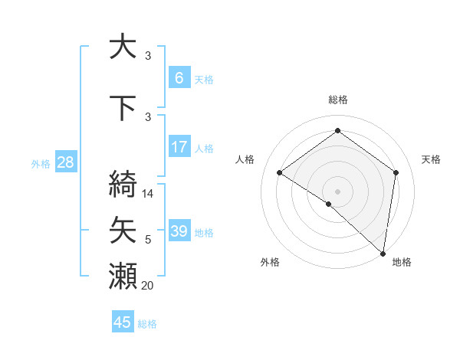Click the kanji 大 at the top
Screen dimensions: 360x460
pos(123,47)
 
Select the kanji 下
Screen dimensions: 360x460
pos(123,109)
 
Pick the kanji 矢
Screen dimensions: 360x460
pos(123,230)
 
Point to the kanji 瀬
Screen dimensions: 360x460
pos(123,276)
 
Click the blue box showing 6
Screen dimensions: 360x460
pos(179,78)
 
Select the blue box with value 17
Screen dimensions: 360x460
pos(179,147)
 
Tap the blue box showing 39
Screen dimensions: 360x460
pos(179,231)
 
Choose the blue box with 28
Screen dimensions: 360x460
pos(65,162)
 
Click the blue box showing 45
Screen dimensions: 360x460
pos(123,322)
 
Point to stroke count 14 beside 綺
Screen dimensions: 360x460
pos(149,194)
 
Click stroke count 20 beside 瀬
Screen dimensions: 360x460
pos(149,286)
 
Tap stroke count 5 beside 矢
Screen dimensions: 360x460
pos(149,240)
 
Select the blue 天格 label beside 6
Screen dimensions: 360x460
pos(204,79)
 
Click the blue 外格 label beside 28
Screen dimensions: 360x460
pos(41,163)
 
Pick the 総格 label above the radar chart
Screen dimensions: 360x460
pos(337,100)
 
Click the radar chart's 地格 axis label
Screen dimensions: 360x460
pos(402,262)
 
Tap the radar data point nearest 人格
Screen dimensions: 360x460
pos(280,172)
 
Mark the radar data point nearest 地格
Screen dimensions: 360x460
pos(383,254)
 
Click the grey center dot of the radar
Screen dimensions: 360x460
pos(337,191)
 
